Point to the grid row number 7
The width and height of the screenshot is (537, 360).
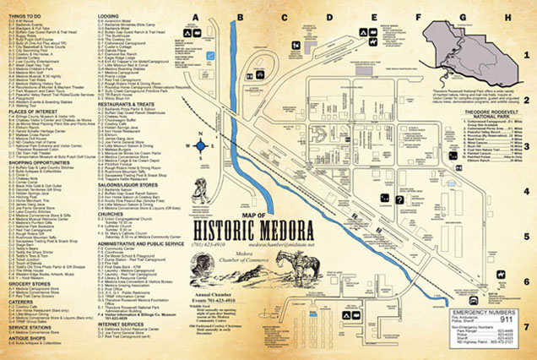point(526,325)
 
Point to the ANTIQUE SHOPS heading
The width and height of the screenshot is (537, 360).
point(25,341)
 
